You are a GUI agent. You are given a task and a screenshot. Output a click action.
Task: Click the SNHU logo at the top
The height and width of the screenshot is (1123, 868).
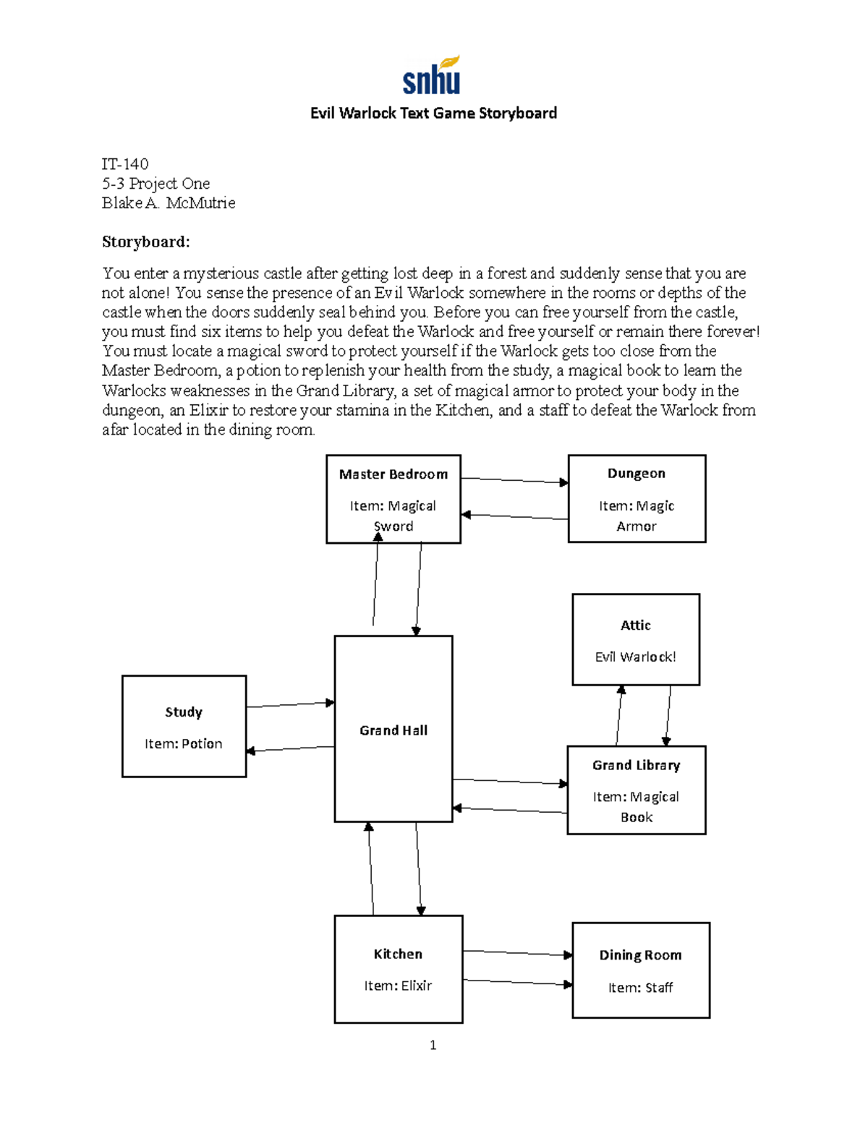(432, 76)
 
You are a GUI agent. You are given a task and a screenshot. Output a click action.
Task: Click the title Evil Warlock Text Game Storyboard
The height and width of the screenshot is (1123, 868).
(433, 113)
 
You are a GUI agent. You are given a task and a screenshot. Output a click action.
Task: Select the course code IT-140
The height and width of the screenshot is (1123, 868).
(125, 164)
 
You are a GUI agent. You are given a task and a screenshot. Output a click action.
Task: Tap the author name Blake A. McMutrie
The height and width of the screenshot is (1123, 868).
(169, 203)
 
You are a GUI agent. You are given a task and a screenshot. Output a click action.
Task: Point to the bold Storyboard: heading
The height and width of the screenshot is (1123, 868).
(145, 242)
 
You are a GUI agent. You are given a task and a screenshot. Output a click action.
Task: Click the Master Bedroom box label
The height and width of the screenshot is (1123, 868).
(393, 474)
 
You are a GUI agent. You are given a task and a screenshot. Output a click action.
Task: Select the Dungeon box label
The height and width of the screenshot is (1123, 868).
(636, 474)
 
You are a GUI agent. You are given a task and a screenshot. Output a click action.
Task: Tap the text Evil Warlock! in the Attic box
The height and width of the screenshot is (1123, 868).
(635, 657)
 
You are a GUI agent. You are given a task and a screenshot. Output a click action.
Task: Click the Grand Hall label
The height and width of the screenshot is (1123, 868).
(393, 730)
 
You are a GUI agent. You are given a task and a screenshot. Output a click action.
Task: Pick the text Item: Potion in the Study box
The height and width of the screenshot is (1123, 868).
(183, 743)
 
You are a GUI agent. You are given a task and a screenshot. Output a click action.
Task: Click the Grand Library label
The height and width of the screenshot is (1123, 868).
(636, 765)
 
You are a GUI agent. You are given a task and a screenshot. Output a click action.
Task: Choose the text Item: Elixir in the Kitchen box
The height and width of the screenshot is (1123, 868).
(398, 986)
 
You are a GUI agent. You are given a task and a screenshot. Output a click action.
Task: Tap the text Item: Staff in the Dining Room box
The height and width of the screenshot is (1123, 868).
(640, 987)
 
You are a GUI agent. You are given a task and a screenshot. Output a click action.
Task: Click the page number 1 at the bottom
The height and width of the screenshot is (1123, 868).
(433, 1045)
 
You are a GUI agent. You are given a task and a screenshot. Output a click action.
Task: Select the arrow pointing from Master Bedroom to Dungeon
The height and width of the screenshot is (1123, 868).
(514, 480)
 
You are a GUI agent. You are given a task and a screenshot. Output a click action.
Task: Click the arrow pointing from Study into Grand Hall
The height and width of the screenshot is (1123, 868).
(290, 704)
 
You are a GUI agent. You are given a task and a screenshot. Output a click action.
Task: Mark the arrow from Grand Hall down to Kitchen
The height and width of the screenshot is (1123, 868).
(419, 868)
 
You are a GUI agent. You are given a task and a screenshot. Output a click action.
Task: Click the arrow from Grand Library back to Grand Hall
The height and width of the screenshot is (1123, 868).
(510, 810)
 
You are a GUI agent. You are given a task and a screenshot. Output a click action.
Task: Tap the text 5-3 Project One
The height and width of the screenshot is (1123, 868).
(156, 184)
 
